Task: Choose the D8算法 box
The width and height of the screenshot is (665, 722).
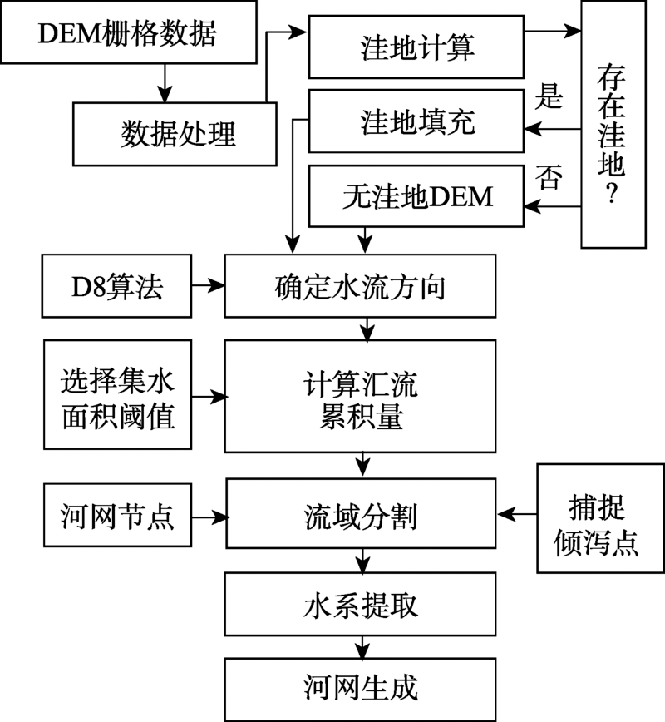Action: (116, 287)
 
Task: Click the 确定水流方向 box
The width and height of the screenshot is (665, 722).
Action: (360, 287)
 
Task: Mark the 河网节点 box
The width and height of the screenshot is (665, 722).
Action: (116, 517)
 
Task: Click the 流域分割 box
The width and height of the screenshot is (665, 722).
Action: (360, 517)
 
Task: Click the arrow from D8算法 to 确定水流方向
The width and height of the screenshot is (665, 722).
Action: (207, 287)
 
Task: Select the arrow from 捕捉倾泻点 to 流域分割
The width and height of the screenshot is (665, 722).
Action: (516, 517)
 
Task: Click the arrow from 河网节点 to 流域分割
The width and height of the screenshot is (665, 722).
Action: (207, 517)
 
